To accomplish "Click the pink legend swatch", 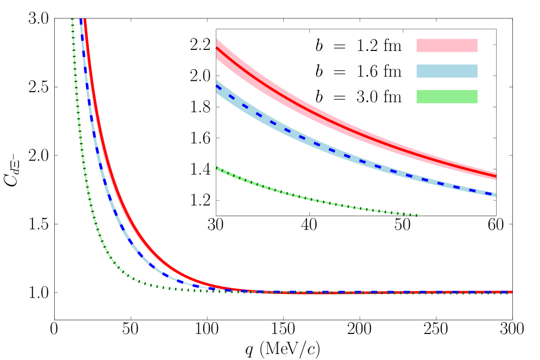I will point(447,45).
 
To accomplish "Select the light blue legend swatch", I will point(447,71).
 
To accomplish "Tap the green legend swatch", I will point(447,97).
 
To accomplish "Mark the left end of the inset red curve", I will point(217,48).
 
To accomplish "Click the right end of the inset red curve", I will point(496,177).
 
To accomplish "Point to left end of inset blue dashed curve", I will point(217,86).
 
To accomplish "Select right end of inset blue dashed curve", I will point(495,195).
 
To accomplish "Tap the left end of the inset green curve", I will point(217,168).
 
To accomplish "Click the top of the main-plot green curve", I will point(73,20).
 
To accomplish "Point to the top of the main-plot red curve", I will point(85,21).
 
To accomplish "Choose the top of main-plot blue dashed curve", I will point(81,21).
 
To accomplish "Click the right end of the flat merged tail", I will point(511,292).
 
